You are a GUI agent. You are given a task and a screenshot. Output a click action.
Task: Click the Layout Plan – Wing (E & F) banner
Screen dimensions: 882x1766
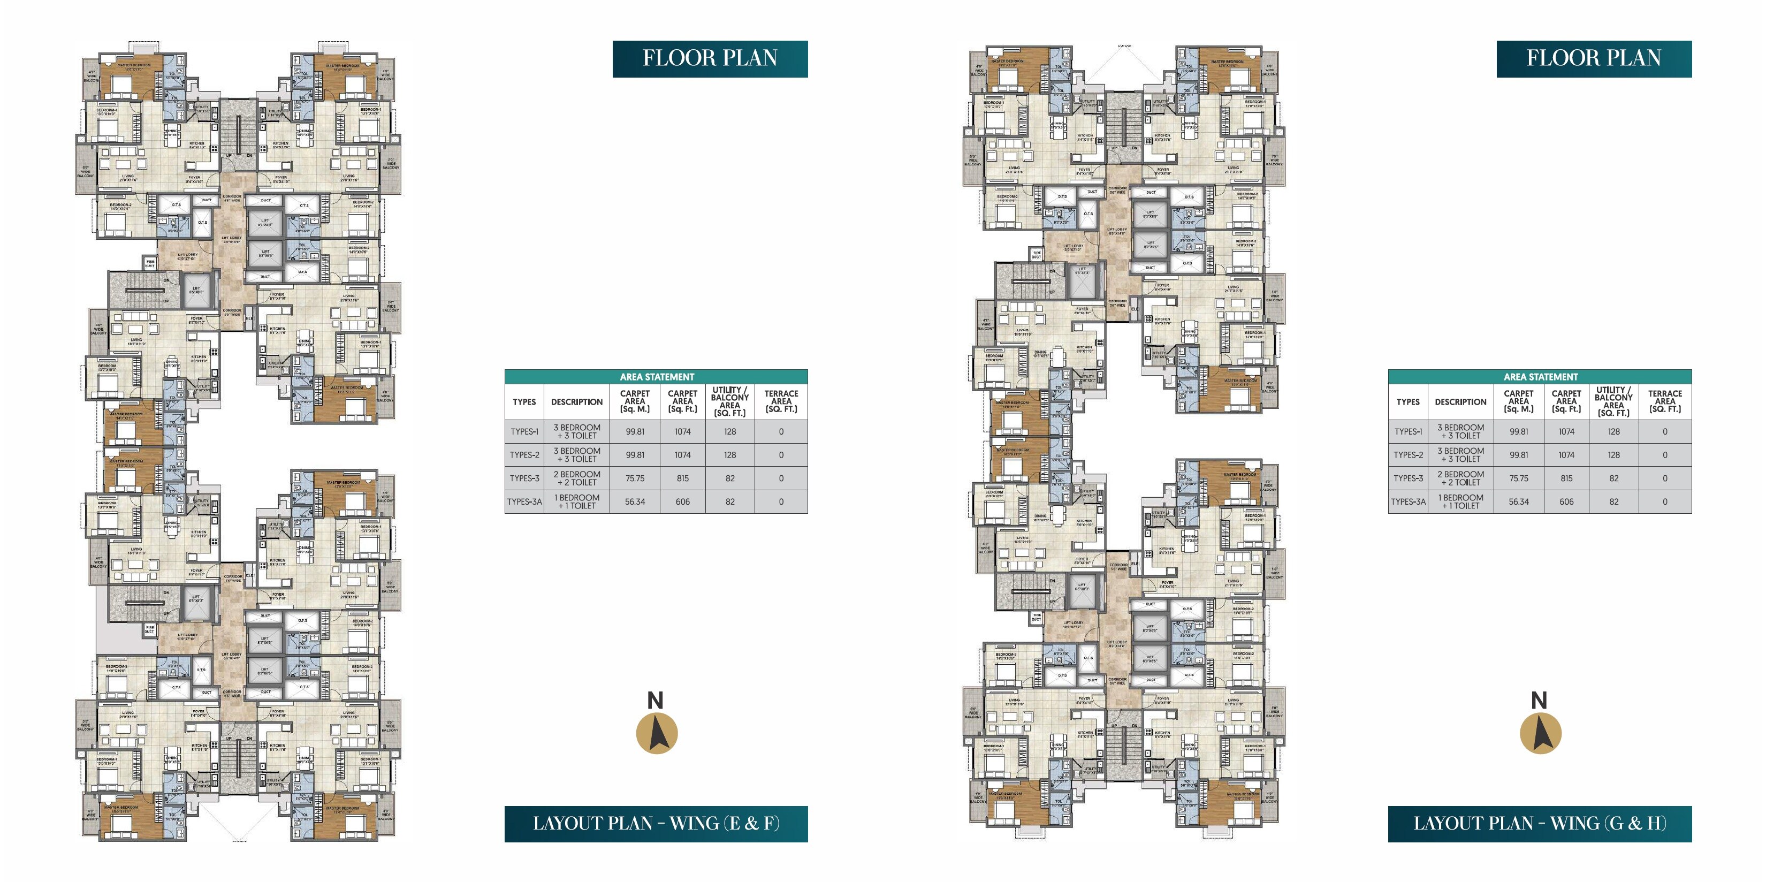point(656,823)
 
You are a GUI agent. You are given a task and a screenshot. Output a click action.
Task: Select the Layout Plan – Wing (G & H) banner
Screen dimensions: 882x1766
point(1539,823)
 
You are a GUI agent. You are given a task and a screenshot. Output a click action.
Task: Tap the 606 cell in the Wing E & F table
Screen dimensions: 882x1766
point(682,501)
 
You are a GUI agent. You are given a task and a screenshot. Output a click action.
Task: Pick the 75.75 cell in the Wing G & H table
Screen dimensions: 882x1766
point(1519,478)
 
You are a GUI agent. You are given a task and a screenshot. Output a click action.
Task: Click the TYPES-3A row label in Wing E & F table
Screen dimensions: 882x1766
point(524,501)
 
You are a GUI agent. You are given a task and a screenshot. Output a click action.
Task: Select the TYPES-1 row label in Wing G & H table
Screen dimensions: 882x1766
point(1408,431)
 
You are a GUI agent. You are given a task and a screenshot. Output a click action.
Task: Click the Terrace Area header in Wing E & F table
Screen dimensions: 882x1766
point(781,401)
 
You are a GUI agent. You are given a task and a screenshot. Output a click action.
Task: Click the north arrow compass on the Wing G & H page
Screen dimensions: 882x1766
point(1540,733)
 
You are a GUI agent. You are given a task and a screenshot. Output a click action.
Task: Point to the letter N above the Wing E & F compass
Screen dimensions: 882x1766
point(656,700)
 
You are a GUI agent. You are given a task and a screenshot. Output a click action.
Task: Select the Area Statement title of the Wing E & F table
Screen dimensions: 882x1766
point(656,377)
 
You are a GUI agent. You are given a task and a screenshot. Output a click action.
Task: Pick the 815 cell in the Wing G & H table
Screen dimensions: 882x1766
point(1566,478)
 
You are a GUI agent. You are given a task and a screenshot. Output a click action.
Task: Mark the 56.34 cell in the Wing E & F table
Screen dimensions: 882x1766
point(635,501)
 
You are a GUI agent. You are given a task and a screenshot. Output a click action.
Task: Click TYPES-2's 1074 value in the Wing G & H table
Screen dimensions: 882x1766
point(1566,455)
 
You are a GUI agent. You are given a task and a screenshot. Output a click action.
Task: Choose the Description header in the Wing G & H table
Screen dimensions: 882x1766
point(1460,402)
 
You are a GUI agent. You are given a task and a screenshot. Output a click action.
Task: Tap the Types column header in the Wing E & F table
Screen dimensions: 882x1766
point(524,402)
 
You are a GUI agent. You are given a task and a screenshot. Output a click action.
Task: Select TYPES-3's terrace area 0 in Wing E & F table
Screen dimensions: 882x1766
point(781,478)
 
